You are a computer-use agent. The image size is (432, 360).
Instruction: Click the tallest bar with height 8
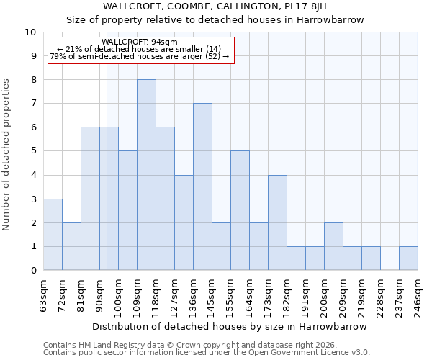(x=146, y=175)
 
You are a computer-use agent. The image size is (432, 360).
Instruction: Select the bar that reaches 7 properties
(x=202, y=186)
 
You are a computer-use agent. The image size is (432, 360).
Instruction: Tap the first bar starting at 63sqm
(x=53, y=235)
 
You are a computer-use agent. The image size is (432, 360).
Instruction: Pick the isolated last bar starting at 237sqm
(x=408, y=258)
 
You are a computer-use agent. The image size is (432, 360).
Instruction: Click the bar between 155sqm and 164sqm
(x=240, y=210)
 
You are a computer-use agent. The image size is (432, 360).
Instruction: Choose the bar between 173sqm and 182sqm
(x=277, y=222)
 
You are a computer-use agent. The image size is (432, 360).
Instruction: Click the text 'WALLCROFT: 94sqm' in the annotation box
(x=140, y=42)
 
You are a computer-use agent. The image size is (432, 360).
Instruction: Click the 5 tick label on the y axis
(x=32, y=151)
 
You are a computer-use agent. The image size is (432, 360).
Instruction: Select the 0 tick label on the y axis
(x=32, y=271)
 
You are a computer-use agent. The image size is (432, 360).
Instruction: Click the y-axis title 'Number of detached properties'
(x=7, y=155)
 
